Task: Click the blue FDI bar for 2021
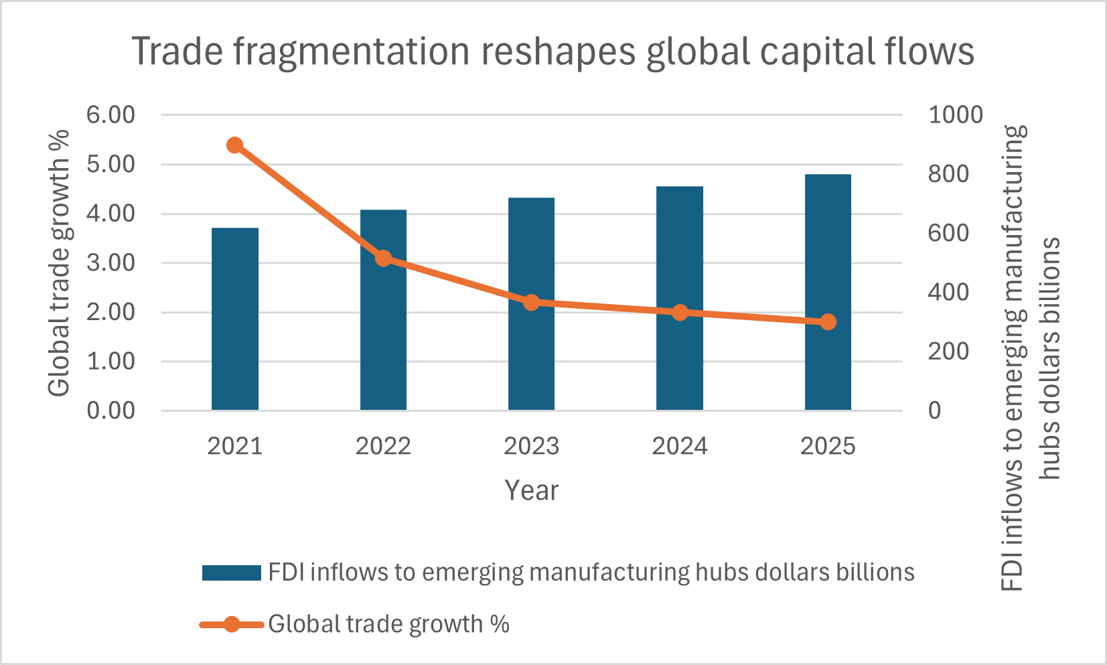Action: tap(234, 319)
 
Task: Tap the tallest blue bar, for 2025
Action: tap(828, 292)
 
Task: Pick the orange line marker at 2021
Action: tap(234, 145)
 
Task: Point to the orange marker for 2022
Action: tap(383, 258)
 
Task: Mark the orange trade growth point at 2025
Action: tap(828, 322)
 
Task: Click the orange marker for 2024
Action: tap(680, 313)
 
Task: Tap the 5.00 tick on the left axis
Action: tap(110, 164)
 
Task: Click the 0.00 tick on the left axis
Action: tap(110, 411)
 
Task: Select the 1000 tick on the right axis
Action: tap(955, 115)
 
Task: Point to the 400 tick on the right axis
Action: tap(948, 292)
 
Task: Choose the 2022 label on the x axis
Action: tap(383, 446)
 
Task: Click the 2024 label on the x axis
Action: tap(680, 446)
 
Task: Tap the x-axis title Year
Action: tap(531, 490)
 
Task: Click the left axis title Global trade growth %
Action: tap(59, 263)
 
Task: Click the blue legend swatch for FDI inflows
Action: tap(231, 573)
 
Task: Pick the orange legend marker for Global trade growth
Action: tap(231, 625)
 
